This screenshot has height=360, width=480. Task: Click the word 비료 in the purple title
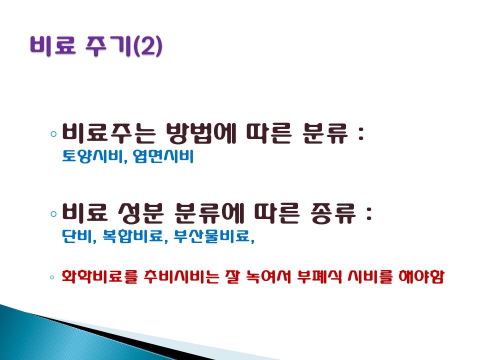tap(53, 46)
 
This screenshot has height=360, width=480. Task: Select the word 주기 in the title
tap(108, 46)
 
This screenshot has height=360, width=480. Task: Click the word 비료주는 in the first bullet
tap(109, 133)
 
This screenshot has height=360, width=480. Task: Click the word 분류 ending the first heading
tap(325, 133)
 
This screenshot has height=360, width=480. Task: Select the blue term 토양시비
tap(93, 156)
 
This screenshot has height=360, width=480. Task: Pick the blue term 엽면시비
tap(163, 156)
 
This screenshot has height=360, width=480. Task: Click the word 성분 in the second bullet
tap(141, 213)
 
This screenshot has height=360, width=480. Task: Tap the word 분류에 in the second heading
tap(209, 213)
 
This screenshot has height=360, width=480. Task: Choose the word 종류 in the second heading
tap(333, 213)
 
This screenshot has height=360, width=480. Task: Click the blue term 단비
tap(77, 236)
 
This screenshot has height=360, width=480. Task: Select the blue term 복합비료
tap(132, 236)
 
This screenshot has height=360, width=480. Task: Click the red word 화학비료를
tap(100, 276)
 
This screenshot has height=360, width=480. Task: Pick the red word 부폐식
tap(320, 276)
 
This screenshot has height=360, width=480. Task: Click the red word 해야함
tap(421, 276)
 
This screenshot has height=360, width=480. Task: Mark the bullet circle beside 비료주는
tap(54, 134)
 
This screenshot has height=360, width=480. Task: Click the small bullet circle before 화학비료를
tap(52, 277)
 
